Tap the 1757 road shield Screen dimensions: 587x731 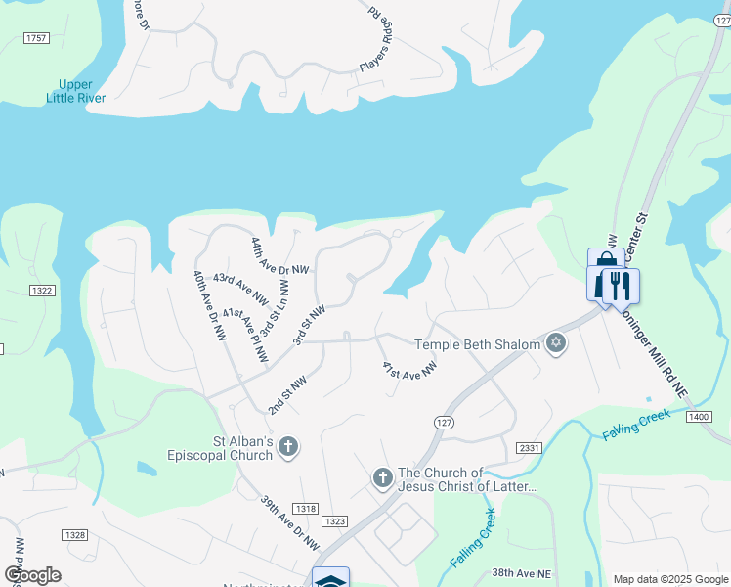click(36, 38)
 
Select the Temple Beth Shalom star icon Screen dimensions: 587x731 click(556, 343)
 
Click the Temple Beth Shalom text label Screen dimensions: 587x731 click(477, 344)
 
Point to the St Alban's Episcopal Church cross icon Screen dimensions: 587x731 click(287, 448)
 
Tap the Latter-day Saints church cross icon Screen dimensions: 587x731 click(383, 478)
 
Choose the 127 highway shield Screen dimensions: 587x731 click(442, 421)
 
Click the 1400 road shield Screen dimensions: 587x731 click(698, 418)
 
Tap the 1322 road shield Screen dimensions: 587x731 click(42, 291)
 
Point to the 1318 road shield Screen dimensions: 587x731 click(305, 509)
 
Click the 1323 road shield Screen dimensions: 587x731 click(335, 521)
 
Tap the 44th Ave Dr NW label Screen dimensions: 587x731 click(279, 257)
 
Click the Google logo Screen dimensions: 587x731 click(31, 575)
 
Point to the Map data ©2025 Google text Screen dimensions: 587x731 click(669, 579)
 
